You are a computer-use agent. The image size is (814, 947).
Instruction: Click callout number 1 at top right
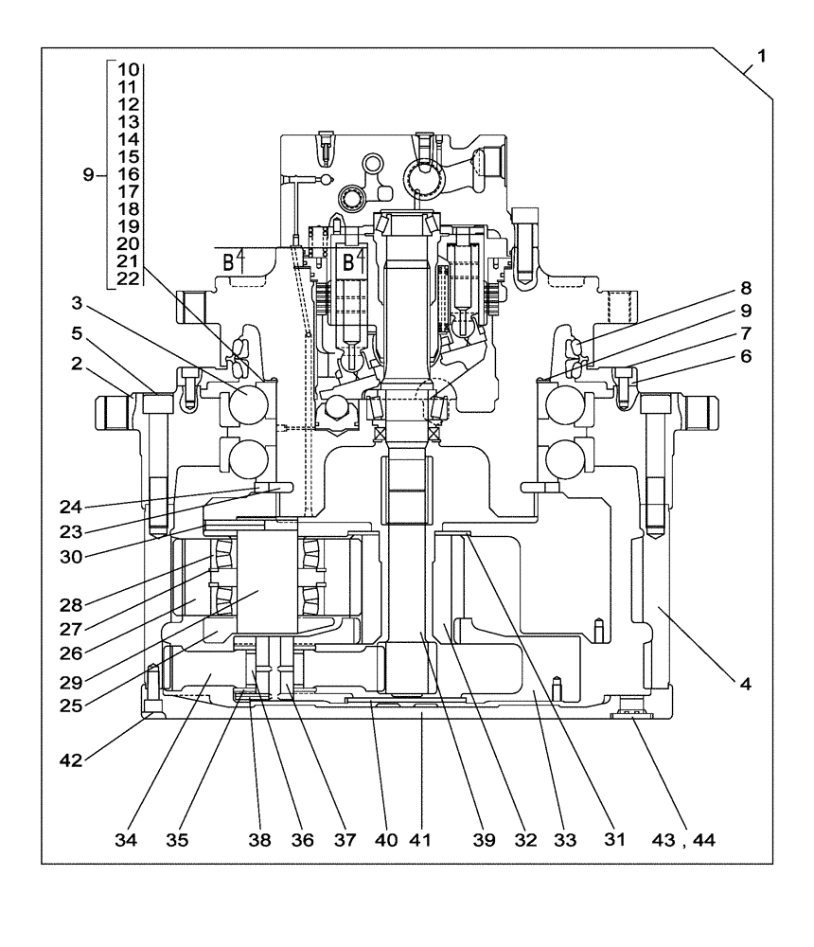[x=762, y=56]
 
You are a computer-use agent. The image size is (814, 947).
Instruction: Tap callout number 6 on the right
[x=746, y=356]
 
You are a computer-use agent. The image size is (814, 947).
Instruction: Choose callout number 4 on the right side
[x=746, y=682]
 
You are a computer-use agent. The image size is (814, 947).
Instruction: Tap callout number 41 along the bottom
[x=419, y=839]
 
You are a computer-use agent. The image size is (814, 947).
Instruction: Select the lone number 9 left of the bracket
[x=88, y=174]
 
